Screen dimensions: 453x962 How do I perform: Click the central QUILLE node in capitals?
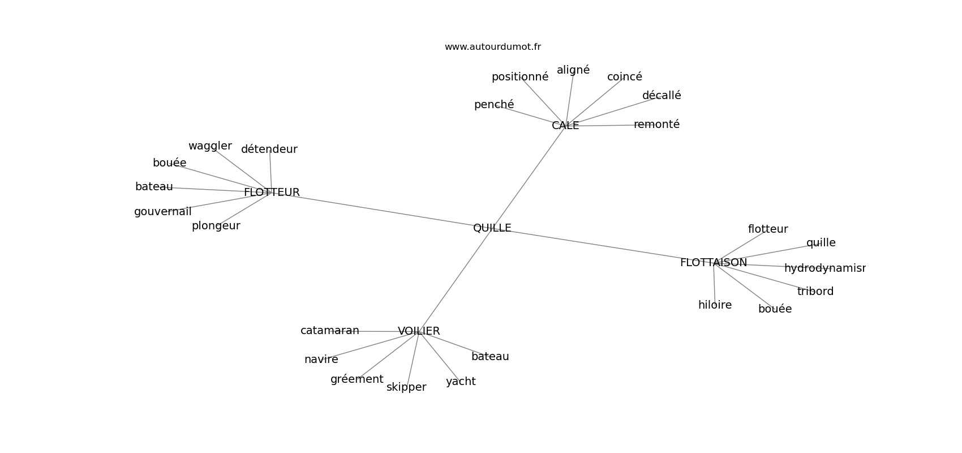click(x=492, y=228)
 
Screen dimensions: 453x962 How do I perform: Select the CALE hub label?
click(x=565, y=126)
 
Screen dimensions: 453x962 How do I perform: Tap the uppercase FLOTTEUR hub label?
click(x=272, y=193)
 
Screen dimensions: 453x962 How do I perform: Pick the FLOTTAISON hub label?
click(x=713, y=263)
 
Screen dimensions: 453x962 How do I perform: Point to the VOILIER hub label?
click(x=419, y=331)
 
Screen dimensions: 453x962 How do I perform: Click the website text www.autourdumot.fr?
click(x=492, y=47)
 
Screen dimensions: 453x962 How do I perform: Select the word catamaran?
click(x=329, y=331)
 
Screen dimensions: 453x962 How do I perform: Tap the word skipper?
click(x=406, y=387)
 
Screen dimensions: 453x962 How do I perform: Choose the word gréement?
click(x=357, y=379)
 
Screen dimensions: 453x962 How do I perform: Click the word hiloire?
click(x=715, y=305)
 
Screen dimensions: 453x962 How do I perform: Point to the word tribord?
click(x=815, y=292)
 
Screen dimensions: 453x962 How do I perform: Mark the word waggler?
click(x=210, y=146)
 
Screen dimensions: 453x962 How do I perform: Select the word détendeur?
click(x=269, y=149)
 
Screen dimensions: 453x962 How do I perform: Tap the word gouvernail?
click(x=162, y=212)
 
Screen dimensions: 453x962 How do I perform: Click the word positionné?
click(x=519, y=77)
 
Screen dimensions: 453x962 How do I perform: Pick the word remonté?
click(x=656, y=125)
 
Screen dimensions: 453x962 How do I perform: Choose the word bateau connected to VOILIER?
click(x=490, y=357)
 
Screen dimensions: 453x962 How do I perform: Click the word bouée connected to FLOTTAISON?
click(x=775, y=309)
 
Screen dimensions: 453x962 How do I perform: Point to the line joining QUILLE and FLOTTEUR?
click(x=385, y=211)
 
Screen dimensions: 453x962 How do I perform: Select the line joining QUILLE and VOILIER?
click(x=456, y=280)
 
